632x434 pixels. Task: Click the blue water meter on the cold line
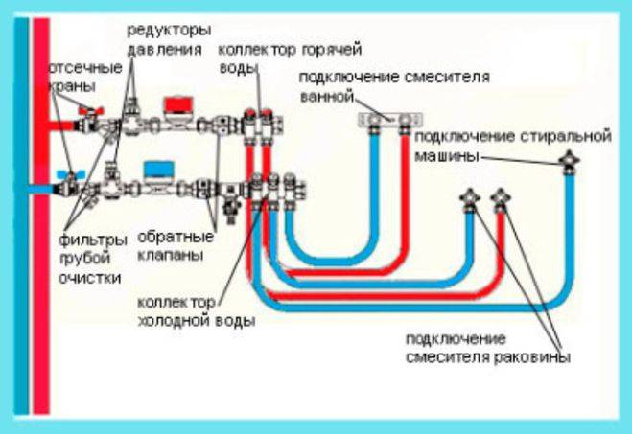(156, 170)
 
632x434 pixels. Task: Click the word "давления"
(164, 48)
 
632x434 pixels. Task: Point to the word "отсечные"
(85, 68)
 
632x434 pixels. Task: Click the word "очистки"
(87, 278)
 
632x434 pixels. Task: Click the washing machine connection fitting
(571, 160)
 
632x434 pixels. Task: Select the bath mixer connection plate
(391, 120)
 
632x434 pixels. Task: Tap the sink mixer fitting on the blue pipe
(470, 200)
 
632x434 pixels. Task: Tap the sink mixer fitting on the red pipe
(501, 200)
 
